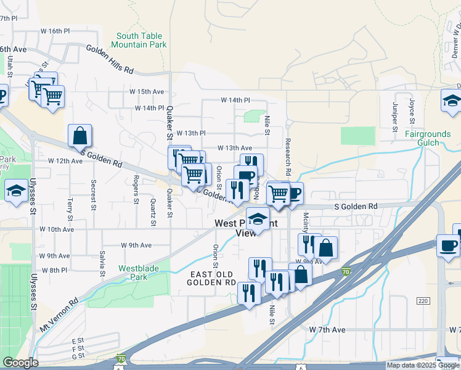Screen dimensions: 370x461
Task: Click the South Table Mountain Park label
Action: [x=140, y=41]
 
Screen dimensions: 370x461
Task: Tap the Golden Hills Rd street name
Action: [x=110, y=60]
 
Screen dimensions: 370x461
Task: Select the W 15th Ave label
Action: [x=142, y=91]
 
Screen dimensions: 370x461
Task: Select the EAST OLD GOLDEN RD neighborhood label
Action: [x=213, y=277]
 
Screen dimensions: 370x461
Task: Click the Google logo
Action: [x=20, y=362]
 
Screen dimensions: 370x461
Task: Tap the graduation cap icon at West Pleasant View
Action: [x=258, y=219]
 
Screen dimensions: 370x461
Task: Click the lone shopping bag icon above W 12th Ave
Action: [x=80, y=136]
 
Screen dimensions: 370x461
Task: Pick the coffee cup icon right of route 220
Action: [x=448, y=245]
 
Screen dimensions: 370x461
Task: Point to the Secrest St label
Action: [x=94, y=195]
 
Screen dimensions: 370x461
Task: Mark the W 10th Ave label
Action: [x=57, y=229]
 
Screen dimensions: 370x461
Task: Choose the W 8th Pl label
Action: [x=54, y=270]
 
